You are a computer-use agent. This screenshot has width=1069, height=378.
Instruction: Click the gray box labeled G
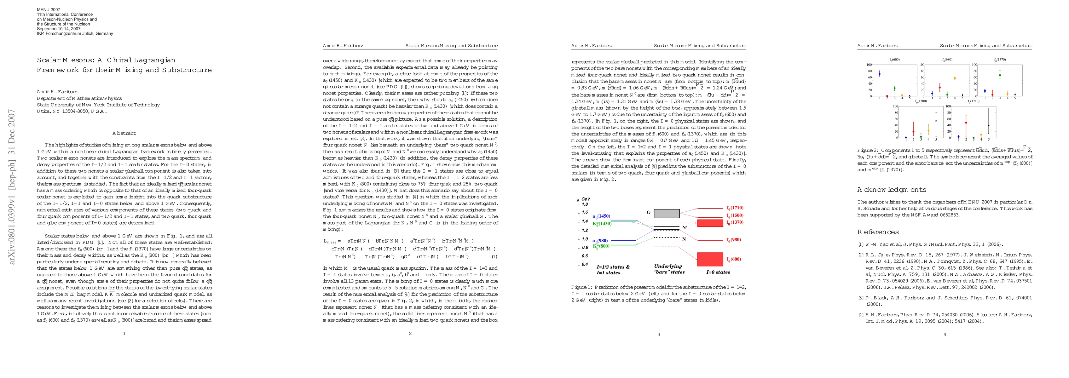(x=667, y=213)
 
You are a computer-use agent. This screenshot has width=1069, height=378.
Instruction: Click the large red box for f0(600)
(x=710, y=259)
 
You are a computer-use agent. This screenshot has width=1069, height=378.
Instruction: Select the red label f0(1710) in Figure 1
(x=735, y=208)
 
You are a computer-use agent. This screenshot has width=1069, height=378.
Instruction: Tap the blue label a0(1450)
(x=601, y=216)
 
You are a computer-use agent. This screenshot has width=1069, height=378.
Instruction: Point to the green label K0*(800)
(x=601, y=246)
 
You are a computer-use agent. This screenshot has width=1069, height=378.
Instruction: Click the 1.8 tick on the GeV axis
(x=585, y=204)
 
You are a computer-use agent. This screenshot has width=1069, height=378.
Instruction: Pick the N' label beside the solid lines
(x=685, y=227)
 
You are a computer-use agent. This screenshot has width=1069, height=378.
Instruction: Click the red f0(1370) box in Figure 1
(x=710, y=223)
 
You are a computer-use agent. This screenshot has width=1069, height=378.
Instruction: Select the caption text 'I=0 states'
(x=718, y=272)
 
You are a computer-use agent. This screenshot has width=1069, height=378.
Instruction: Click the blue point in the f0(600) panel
(x=879, y=74)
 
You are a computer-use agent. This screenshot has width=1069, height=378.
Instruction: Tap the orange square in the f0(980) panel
(x=955, y=78)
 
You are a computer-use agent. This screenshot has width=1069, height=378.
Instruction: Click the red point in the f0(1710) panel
(x=966, y=123)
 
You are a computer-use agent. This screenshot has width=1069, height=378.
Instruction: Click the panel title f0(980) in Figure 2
(x=947, y=60)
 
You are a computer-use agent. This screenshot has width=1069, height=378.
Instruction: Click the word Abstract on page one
(x=124, y=133)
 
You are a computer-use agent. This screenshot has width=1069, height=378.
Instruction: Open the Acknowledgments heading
(x=891, y=190)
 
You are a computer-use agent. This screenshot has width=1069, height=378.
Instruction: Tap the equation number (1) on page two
(x=494, y=256)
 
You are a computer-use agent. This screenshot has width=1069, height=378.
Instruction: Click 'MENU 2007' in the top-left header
(x=49, y=9)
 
